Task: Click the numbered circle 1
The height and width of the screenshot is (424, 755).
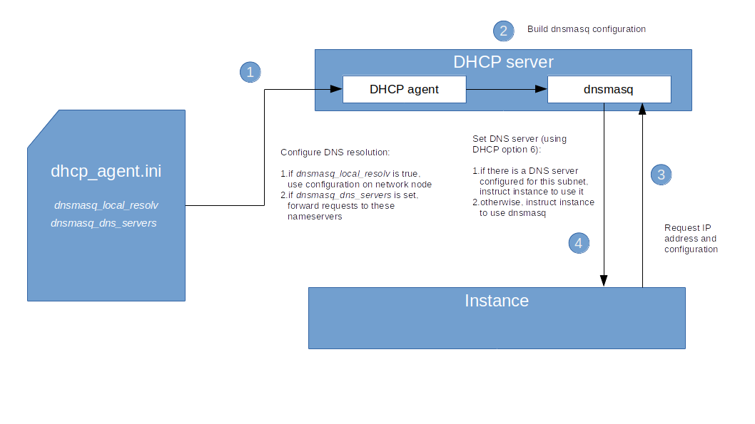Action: pyautogui.click(x=250, y=72)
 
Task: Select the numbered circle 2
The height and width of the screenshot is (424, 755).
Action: pyautogui.click(x=504, y=31)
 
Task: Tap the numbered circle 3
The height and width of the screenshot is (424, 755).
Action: pyautogui.click(x=661, y=174)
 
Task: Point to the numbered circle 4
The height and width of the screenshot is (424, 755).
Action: pyautogui.click(x=579, y=243)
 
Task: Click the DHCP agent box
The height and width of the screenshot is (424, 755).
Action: pyautogui.click(x=404, y=90)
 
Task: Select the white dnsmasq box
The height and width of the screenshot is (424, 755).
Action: pyautogui.click(x=609, y=90)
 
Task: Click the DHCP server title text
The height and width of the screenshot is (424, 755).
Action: pyautogui.click(x=503, y=62)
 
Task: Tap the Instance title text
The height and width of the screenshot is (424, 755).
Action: pyautogui.click(x=497, y=301)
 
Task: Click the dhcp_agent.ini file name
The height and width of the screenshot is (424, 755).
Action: pyautogui.click(x=106, y=171)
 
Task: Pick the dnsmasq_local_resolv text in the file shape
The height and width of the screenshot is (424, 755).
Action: pyautogui.click(x=106, y=205)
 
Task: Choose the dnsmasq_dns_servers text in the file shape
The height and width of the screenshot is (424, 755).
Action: pyautogui.click(x=103, y=223)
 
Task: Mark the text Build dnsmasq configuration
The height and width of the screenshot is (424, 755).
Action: pyautogui.click(x=587, y=29)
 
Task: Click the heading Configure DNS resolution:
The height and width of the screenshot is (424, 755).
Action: pyautogui.click(x=335, y=152)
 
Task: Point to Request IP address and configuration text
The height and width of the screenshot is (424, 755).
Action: pyautogui.click(x=691, y=239)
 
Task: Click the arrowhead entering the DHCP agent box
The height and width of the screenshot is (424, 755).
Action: pyautogui.click(x=337, y=90)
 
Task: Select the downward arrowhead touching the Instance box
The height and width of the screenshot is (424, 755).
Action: pyautogui.click(x=605, y=281)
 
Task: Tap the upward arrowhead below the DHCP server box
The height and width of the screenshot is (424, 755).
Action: pyautogui.click(x=642, y=110)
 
